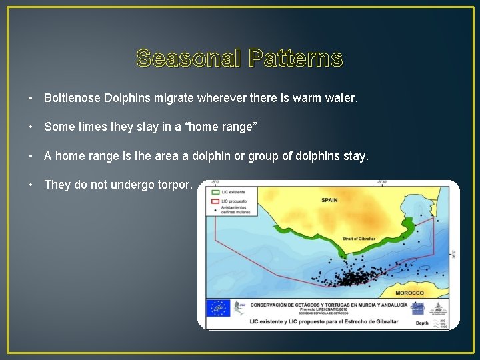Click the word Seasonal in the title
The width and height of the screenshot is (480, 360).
[x=189, y=59]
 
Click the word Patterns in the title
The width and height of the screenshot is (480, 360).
[x=296, y=59]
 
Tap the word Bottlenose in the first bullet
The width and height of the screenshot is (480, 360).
[x=72, y=98]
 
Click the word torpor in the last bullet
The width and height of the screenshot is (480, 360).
[x=174, y=185]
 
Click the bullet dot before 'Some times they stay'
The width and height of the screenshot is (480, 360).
[x=31, y=127]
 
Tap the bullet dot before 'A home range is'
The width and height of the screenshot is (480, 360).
[x=31, y=157]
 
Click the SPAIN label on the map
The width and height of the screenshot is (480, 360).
[x=329, y=200]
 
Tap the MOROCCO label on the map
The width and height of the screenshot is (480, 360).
[x=409, y=293]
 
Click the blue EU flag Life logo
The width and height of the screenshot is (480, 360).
[x=217, y=307]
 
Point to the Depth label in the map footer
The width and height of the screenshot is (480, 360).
[x=422, y=323]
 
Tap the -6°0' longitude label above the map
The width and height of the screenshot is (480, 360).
[x=215, y=181]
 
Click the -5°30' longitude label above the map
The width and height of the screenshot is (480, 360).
[x=382, y=181]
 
